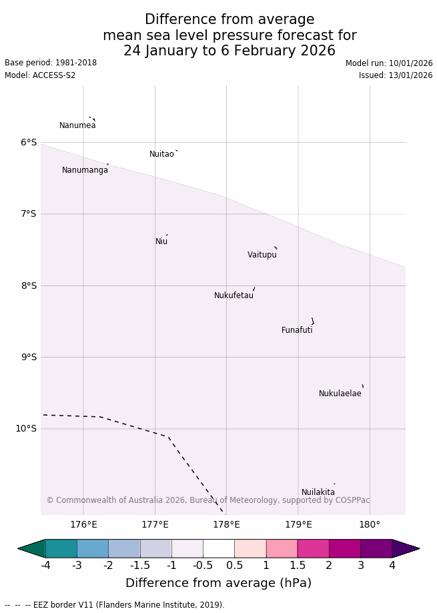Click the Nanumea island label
[77, 125]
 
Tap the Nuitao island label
[161, 154]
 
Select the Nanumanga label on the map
[85, 170]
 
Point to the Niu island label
[161, 241]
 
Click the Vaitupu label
[262, 255]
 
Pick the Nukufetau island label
[234, 295]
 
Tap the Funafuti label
[297, 330]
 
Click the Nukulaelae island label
[340, 394]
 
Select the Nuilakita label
[318, 492]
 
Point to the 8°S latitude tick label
[29, 285]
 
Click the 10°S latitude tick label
[26, 428]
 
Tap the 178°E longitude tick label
[226, 524]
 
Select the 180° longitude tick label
[370, 524]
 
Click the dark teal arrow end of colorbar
[31, 548]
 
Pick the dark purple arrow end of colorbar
[406, 548]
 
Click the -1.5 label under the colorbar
[140, 566]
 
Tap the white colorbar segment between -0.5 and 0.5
[219, 548]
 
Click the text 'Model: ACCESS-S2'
[40, 75]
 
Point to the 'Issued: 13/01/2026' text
[396, 75]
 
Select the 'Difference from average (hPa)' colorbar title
[218, 583]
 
